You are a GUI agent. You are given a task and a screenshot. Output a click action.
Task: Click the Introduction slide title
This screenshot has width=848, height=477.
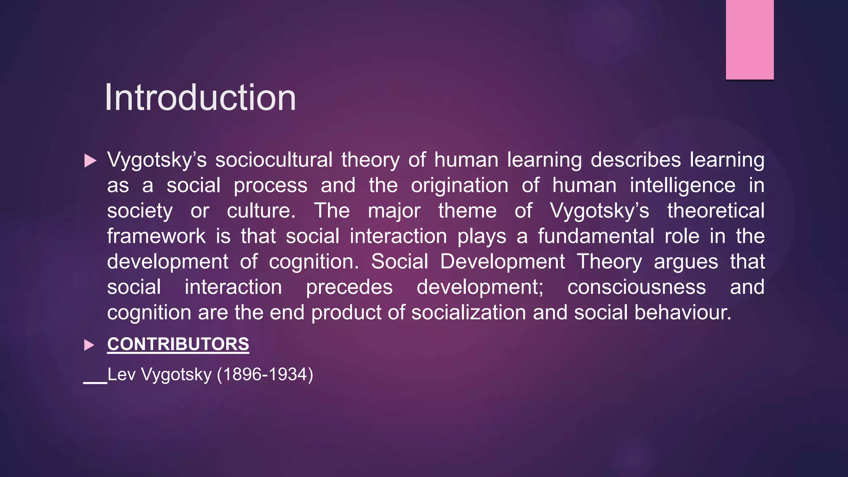(200, 98)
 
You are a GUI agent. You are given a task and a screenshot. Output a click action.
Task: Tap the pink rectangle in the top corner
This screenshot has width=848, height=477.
(749, 39)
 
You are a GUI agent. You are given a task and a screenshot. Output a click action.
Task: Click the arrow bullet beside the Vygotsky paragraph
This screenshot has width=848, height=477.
(90, 161)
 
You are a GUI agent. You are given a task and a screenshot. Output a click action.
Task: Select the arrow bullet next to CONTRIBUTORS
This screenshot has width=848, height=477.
(89, 345)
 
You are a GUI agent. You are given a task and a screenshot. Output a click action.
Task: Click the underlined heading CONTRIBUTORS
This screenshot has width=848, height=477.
(178, 344)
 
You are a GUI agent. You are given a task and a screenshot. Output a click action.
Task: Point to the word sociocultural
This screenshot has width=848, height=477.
(274, 160)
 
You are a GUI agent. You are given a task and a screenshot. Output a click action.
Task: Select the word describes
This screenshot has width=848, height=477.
(636, 160)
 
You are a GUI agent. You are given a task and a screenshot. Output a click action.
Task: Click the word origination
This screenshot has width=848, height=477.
(459, 185)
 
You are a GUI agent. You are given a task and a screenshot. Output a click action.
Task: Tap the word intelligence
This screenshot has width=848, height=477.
(682, 185)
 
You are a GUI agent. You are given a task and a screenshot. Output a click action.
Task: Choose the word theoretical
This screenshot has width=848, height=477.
(715, 211)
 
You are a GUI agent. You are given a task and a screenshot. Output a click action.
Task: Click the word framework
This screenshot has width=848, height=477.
(156, 236)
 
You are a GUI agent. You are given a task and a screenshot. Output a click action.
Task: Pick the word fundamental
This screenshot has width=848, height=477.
(596, 236)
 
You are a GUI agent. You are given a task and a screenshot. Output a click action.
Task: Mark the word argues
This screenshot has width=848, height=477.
(686, 262)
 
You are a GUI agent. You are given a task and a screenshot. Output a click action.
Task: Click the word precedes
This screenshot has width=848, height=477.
(349, 287)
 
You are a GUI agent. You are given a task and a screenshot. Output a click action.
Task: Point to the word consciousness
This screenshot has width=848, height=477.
(636, 287)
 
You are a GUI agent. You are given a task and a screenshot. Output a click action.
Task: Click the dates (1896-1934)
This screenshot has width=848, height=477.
(265, 375)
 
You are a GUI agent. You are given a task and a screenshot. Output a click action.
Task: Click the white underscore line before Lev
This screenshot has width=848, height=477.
(95, 383)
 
